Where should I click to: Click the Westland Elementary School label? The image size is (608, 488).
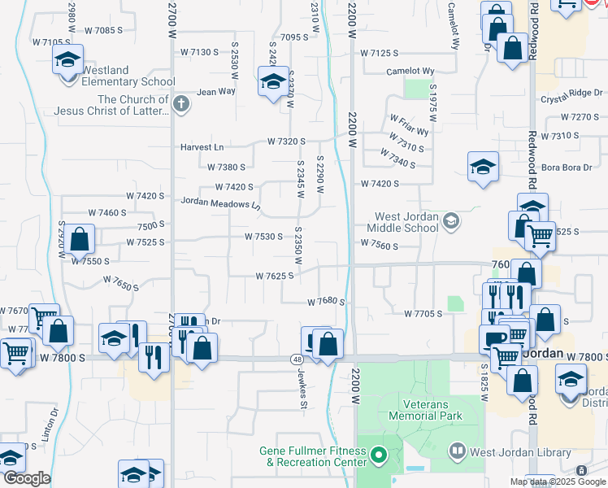128,81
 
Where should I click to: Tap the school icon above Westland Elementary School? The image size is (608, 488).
68,59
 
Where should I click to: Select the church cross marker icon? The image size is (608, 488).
180,104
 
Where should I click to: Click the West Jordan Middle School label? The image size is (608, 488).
406,222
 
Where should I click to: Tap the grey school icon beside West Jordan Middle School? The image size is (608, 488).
452,220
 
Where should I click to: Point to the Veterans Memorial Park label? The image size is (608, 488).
431,409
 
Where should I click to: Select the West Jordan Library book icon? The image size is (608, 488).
457,451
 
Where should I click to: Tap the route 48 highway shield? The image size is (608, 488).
298,358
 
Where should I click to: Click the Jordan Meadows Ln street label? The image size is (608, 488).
219,202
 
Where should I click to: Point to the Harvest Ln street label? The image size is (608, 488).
202,147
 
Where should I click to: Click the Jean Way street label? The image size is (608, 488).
215,92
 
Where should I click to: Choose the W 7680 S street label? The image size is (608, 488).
326,302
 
